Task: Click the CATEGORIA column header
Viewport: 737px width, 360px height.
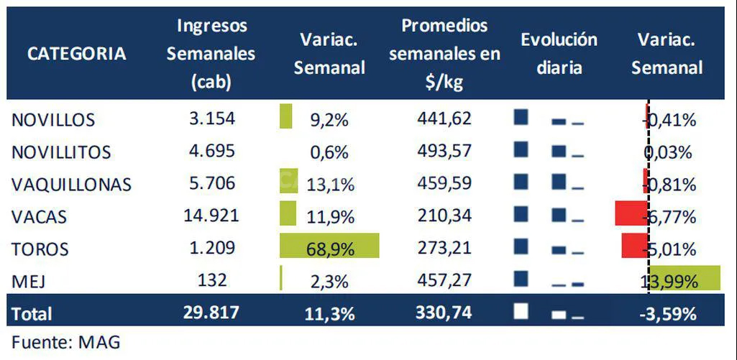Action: (x=76, y=53)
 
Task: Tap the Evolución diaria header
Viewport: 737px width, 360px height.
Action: (x=559, y=53)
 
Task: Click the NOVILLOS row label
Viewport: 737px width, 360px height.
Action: (x=53, y=119)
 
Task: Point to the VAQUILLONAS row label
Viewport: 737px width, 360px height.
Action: (x=71, y=185)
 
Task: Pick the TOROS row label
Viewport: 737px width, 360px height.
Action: (x=40, y=249)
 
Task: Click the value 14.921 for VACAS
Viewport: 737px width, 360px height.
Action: (x=211, y=216)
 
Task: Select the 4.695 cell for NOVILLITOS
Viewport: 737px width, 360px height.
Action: (x=211, y=152)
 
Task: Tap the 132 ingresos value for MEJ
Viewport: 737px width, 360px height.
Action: (x=211, y=280)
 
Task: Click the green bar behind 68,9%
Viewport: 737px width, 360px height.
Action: (x=329, y=247)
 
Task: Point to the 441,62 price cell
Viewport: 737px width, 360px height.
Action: (x=444, y=119)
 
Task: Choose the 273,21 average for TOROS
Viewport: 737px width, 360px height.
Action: (x=444, y=249)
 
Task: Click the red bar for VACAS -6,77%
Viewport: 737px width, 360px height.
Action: (x=631, y=214)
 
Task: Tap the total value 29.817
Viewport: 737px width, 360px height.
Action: (x=211, y=313)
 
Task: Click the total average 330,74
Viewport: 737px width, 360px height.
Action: (x=444, y=313)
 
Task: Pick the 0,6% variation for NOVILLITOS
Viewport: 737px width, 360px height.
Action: (x=329, y=152)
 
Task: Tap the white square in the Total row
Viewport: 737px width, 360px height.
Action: (x=521, y=311)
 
